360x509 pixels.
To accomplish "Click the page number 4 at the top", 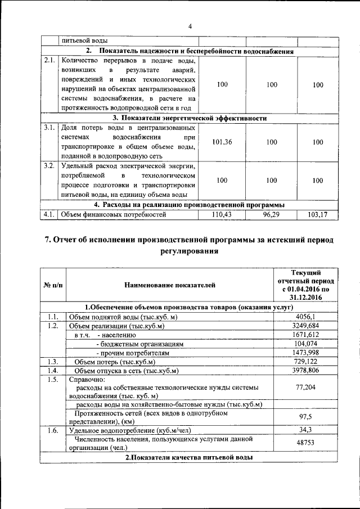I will pyautogui.click(x=190, y=26).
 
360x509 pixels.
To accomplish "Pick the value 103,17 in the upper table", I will pyautogui.click(x=318, y=215).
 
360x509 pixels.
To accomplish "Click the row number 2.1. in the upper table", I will pyautogui.click(x=49, y=61).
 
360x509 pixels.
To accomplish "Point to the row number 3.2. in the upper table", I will pyautogui.click(x=49, y=166).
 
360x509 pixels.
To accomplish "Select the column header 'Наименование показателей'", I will pyautogui.click(x=169, y=285).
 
